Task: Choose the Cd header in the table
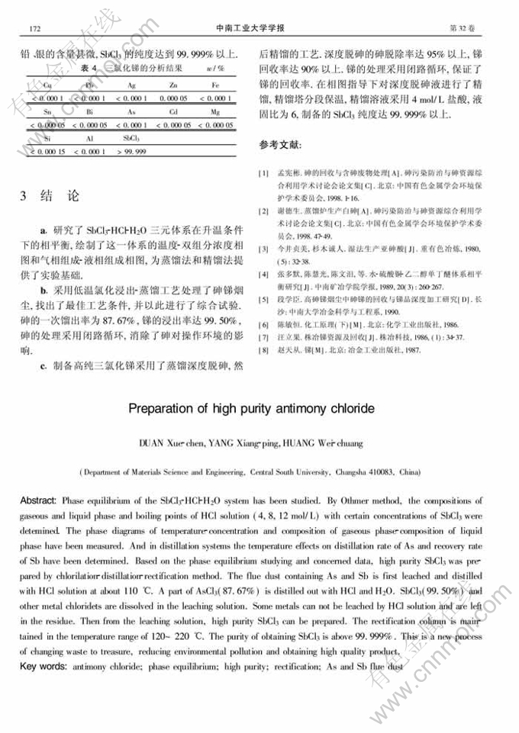[175, 111]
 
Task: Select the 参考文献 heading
[280, 145]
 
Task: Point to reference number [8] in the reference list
[263, 350]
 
